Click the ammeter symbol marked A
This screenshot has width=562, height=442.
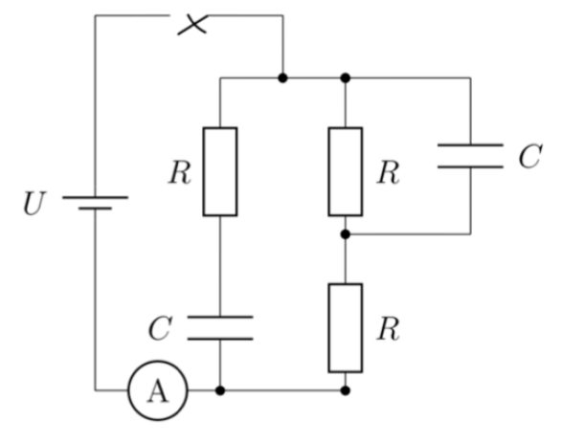point(158,390)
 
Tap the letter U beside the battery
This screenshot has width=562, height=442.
point(34,203)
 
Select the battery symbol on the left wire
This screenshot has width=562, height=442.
point(96,203)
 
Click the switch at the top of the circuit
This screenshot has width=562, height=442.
point(192,24)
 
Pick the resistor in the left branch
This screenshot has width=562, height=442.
point(220,171)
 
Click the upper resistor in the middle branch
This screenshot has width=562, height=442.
point(346,171)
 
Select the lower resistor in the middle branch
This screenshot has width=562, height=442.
point(346,328)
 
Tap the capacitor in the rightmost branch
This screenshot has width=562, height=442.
point(471,156)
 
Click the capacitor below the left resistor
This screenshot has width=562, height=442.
point(220,328)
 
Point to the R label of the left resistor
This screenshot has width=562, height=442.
point(180,172)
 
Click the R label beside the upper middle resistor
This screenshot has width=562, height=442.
point(388,172)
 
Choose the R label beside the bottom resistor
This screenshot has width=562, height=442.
point(388,329)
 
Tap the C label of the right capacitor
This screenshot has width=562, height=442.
point(530,156)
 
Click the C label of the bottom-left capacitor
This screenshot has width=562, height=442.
point(160,328)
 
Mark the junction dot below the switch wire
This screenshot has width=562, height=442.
point(282,77)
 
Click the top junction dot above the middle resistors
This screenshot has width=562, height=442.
point(346,77)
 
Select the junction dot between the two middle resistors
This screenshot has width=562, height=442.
point(346,234)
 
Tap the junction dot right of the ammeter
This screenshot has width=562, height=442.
point(220,390)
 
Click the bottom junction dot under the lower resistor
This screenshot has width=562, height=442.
point(346,390)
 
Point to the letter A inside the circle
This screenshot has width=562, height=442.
point(158,390)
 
